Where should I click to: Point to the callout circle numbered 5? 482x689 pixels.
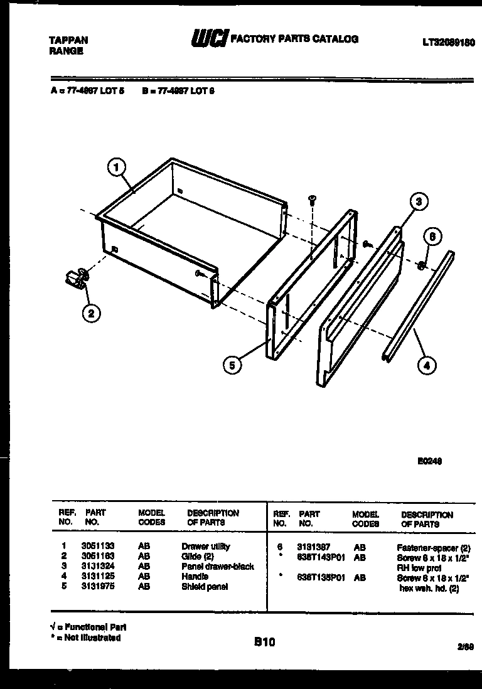tap(232, 366)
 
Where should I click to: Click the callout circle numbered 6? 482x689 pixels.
tap(432, 237)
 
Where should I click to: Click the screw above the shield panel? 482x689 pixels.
tap(312, 200)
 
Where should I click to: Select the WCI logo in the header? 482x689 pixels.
tap(208, 40)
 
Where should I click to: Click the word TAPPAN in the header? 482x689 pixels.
tap(68, 40)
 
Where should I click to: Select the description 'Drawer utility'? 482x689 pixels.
tap(205, 547)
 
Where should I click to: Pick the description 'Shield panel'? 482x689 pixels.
tap(204, 587)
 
